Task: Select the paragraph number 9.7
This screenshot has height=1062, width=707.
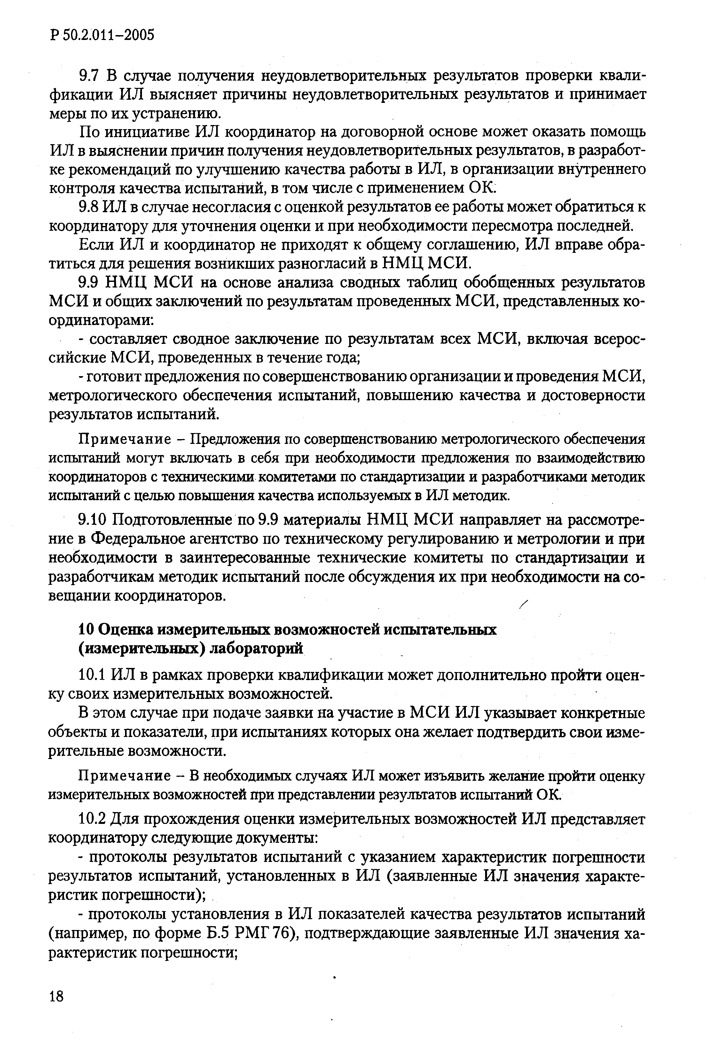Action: pyautogui.click(x=89, y=77)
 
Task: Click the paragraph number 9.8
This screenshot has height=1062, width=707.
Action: pyautogui.click(x=89, y=207)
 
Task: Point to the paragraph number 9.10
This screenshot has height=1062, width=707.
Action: pyautogui.click(x=92, y=520)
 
